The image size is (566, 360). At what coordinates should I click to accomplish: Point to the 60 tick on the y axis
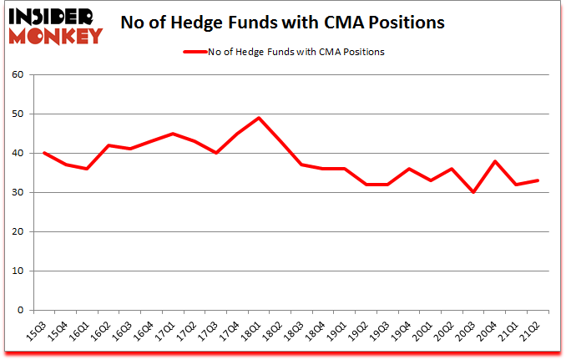[19, 75]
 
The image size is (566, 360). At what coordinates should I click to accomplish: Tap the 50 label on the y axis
[19, 114]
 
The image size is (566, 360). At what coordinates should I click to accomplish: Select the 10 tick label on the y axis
[19, 271]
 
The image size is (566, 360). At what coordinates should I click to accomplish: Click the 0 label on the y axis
[22, 310]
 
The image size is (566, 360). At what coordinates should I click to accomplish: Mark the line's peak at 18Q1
[259, 118]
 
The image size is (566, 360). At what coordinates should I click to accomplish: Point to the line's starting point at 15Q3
[43, 153]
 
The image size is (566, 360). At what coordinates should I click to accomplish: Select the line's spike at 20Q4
[497, 161]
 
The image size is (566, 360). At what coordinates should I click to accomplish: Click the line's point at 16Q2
[108, 145]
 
